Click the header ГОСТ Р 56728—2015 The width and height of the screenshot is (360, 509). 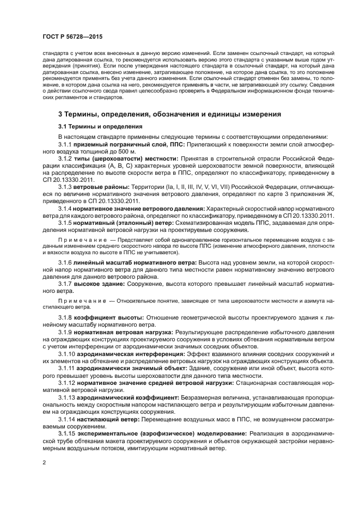tap(72, 36)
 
